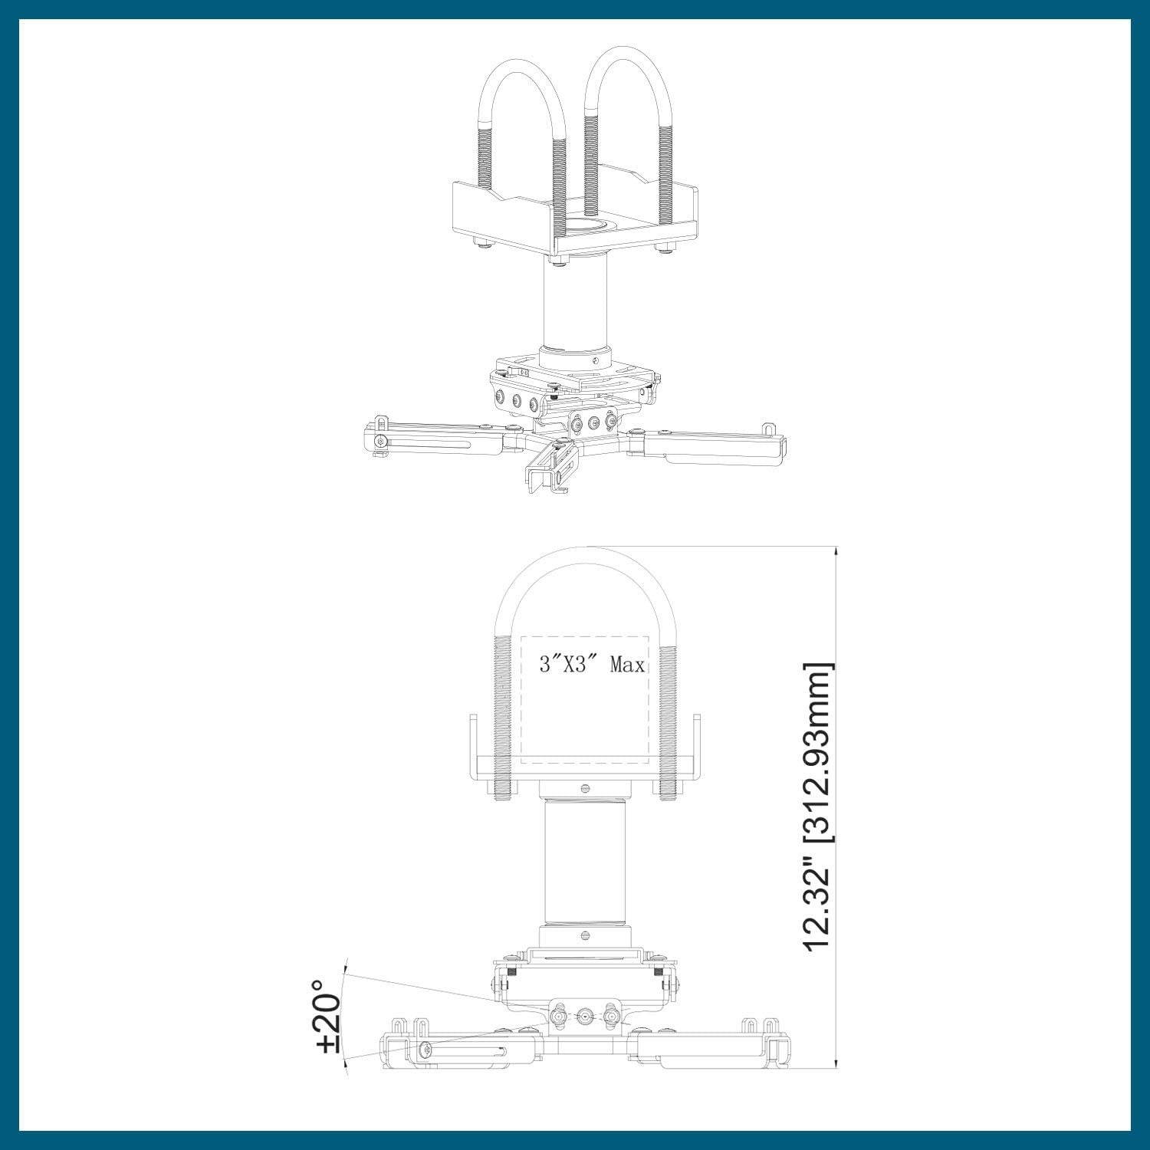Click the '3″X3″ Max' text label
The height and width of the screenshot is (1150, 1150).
[x=591, y=665]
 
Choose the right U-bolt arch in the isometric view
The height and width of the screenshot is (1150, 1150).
[x=629, y=77]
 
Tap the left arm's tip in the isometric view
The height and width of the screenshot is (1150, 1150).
[x=379, y=441]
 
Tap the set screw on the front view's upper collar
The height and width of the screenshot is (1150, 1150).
[x=586, y=787]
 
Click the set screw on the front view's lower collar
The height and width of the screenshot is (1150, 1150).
[x=586, y=935]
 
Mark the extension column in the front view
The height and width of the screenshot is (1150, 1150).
[x=586, y=863]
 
